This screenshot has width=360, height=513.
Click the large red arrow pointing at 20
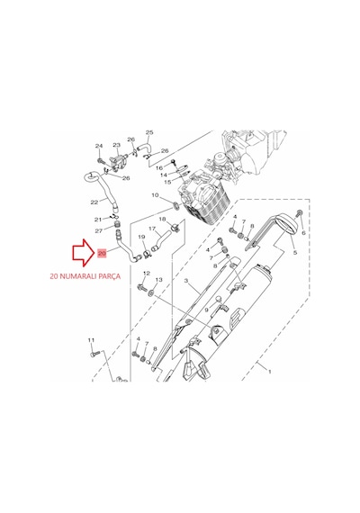83,252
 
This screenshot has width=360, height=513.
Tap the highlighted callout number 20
102,253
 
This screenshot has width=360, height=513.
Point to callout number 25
149,132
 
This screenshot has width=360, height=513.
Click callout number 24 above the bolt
99,146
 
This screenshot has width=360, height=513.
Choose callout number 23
116,145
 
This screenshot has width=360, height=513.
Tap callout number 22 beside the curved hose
94,202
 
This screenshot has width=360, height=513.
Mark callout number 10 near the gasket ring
155,195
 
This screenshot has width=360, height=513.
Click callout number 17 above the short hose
152,229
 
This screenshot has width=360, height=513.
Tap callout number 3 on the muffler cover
186,281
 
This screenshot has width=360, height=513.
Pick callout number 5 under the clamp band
295,252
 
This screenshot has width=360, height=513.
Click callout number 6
303,232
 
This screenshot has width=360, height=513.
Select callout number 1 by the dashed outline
270,372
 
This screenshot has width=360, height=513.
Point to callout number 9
206,310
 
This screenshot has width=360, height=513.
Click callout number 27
99,230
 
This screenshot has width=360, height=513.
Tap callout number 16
159,167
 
